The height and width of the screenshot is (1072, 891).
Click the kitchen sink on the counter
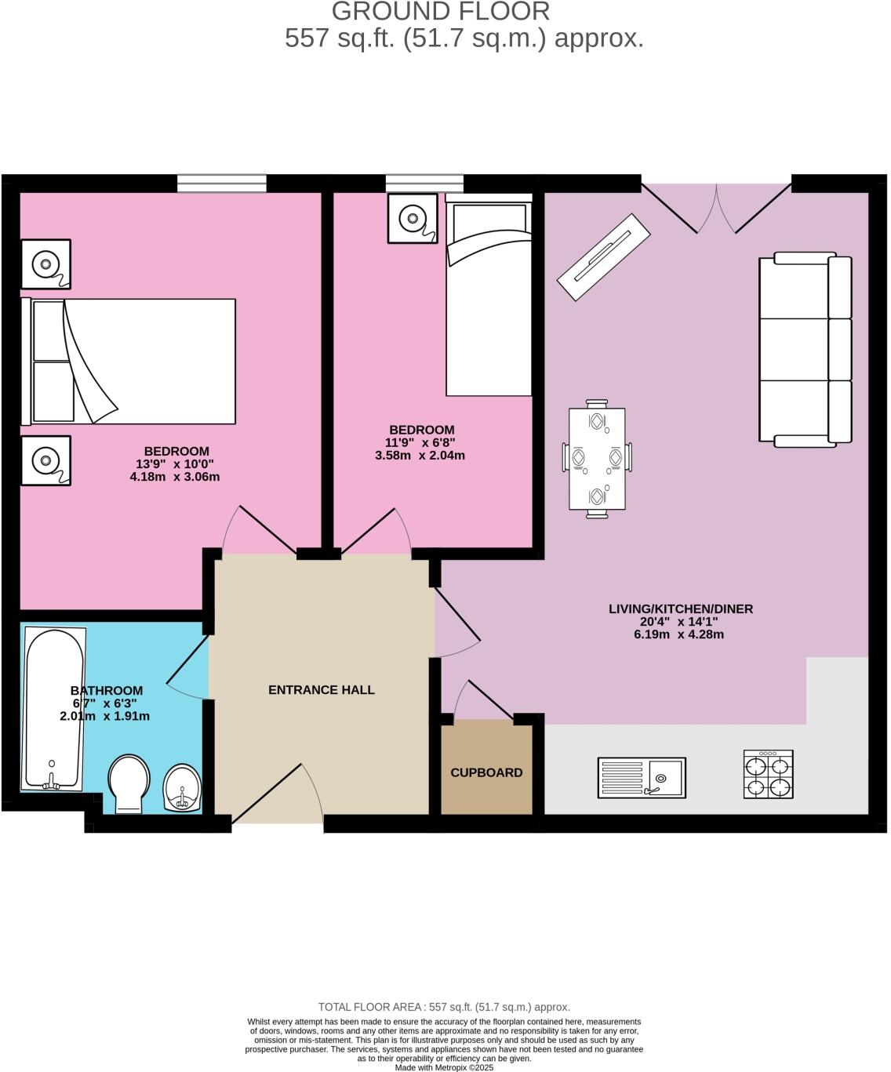[641, 777]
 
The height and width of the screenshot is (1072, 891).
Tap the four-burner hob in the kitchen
[768, 775]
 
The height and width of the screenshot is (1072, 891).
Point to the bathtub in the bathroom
[53, 707]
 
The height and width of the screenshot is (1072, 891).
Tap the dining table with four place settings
[597, 460]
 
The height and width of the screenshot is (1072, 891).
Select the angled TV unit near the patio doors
[603, 256]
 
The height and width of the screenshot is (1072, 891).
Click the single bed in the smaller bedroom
[489, 298]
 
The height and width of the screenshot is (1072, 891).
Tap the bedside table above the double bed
[45, 264]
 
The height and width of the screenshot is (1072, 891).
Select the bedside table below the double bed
[45, 460]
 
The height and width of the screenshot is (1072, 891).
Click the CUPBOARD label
[486, 772]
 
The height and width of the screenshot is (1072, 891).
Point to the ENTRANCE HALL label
[322, 690]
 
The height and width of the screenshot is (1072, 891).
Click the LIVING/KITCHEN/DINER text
[681, 609]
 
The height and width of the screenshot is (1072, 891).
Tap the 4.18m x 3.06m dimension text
[175, 476]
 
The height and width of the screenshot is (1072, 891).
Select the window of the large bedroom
[222, 184]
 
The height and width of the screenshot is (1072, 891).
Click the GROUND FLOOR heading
[441, 12]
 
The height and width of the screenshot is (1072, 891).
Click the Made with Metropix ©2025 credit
[444, 1067]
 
